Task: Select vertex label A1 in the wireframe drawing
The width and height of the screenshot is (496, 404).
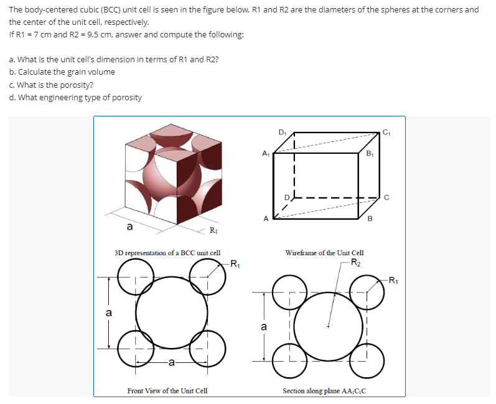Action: tap(266, 153)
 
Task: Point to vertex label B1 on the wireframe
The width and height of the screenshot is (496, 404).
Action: tap(370, 153)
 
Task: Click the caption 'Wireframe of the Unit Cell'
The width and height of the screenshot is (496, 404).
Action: tap(324, 253)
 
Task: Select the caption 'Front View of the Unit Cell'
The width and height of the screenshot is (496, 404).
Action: tap(167, 390)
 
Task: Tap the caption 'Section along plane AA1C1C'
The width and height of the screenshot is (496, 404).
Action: tap(324, 390)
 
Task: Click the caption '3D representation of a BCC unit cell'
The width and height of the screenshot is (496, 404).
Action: tap(167, 253)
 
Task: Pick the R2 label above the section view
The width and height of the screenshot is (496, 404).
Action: tap(354, 261)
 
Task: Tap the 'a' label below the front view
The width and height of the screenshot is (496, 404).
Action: tap(171, 361)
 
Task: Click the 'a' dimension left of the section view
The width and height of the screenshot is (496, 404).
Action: tap(264, 326)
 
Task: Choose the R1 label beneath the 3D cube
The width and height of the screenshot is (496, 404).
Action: tap(213, 232)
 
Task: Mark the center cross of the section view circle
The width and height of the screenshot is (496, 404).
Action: tap(329, 325)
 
